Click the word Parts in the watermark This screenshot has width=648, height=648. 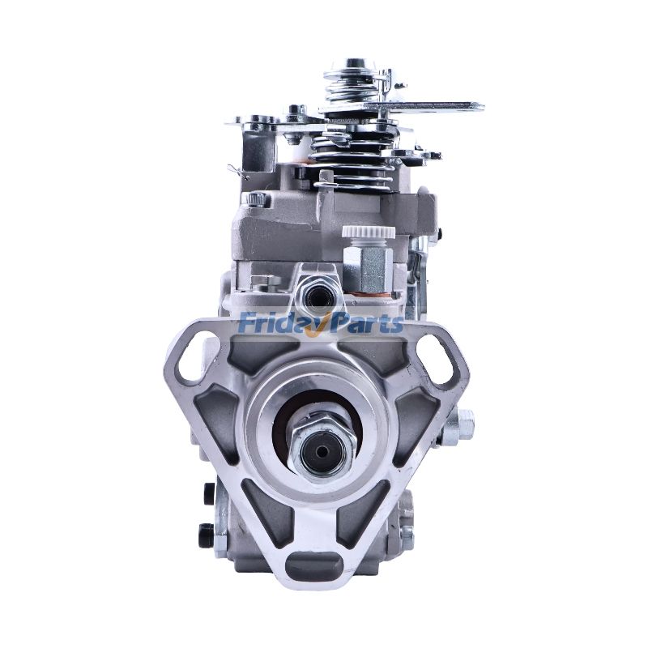(x=365, y=322)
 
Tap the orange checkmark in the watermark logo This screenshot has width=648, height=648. (x=322, y=326)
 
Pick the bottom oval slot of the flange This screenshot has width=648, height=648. (x=314, y=561)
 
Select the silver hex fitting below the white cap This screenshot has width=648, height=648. (x=368, y=266)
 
